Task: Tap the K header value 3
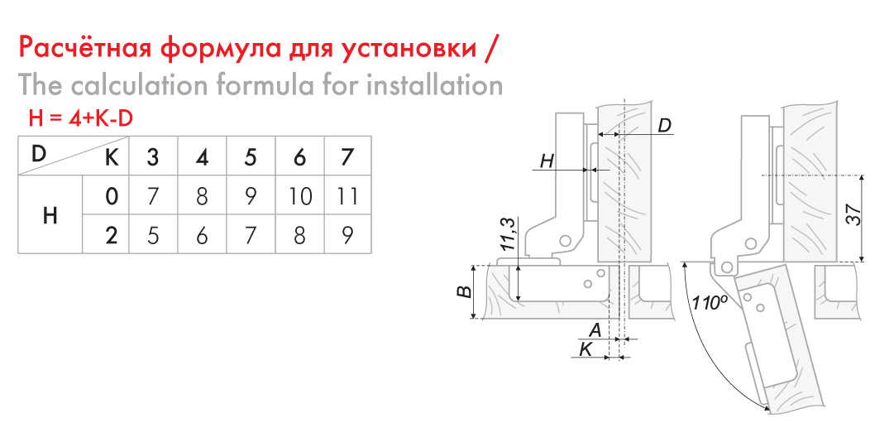(x=153, y=156)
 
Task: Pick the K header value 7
(x=347, y=156)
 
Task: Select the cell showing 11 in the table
(x=347, y=196)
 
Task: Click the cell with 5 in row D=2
(x=153, y=234)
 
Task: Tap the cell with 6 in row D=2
(x=201, y=234)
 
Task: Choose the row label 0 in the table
(x=112, y=196)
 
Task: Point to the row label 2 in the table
(x=112, y=234)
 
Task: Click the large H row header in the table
(x=50, y=216)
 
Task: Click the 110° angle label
(x=709, y=302)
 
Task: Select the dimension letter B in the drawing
(x=466, y=291)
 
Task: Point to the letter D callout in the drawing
(x=665, y=126)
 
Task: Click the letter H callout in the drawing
(x=547, y=161)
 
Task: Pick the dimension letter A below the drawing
(x=595, y=329)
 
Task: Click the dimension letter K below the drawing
(x=586, y=348)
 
